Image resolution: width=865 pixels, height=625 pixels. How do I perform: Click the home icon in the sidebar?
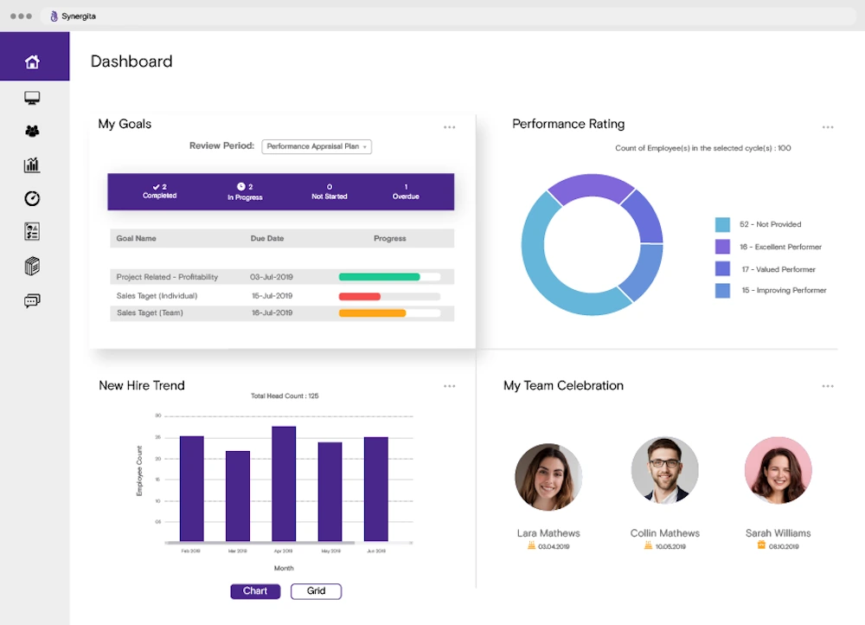[x=33, y=62]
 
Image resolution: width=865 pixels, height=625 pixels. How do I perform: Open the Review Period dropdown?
[x=317, y=146]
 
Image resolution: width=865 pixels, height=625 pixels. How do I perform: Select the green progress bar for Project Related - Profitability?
[x=380, y=277]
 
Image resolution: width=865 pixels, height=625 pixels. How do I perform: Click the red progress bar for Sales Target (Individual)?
[x=360, y=296]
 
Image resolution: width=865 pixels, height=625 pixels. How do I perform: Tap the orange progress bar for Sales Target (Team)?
[x=373, y=313]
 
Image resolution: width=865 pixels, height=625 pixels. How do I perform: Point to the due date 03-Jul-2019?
[x=272, y=277]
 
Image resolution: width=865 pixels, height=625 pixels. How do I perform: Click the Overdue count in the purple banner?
[x=406, y=191]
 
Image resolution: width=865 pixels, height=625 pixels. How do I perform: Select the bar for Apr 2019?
[x=284, y=484]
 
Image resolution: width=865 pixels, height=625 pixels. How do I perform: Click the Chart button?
[x=255, y=591]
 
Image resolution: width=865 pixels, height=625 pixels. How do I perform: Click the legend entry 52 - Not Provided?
[x=760, y=225]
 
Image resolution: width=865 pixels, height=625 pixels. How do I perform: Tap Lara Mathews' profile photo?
[x=548, y=477]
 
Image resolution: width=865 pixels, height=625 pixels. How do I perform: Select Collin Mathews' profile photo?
[x=664, y=470]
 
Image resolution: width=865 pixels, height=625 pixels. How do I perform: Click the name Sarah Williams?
[x=778, y=533]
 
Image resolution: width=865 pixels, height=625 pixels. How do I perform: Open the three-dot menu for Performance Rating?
[x=828, y=127]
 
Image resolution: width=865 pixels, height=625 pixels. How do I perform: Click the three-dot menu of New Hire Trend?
[x=450, y=386]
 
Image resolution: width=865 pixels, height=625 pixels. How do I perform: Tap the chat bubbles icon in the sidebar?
[x=33, y=301]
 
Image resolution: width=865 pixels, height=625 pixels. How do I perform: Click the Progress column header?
[x=389, y=238]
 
